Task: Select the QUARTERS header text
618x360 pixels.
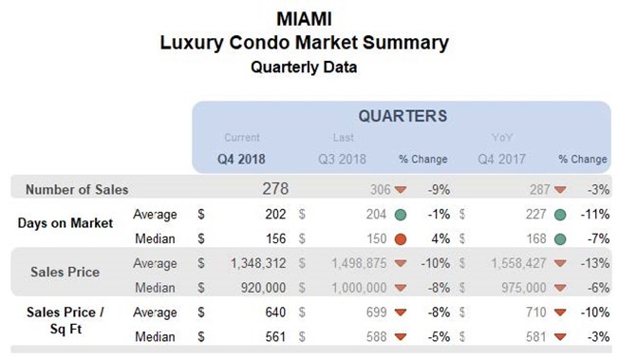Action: pyautogui.click(x=403, y=116)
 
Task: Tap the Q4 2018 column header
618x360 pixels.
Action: pyautogui.click(x=241, y=159)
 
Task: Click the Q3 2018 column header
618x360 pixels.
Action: pyautogui.click(x=340, y=159)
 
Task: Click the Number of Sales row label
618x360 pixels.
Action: pyautogui.click(x=77, y=189)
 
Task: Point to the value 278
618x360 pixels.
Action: pyautogui.click(x=274, y=189)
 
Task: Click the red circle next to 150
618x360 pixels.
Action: pyautogui.click(x=402, y=237)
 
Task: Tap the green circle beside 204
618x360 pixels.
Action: pyautogui.click(x=402, y=214)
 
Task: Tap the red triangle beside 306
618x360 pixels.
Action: pyautogui.click(x=402, y=190)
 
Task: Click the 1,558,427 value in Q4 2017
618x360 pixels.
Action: pyautogui.click(x=516, y=263)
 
